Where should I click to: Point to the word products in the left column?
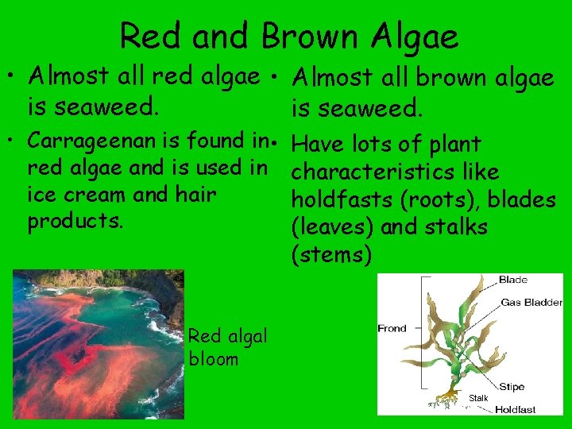(75, 220)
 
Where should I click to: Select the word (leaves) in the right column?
(334, 227)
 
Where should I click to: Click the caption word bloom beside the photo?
(214, 359)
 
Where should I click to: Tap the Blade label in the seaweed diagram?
(512, 280)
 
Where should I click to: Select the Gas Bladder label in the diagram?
(531, 303)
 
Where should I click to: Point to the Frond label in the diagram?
(392, 328)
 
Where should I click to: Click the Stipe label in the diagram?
(512, 387)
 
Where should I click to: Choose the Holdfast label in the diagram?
(515, 410)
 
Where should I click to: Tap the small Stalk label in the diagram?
(478, 397)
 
